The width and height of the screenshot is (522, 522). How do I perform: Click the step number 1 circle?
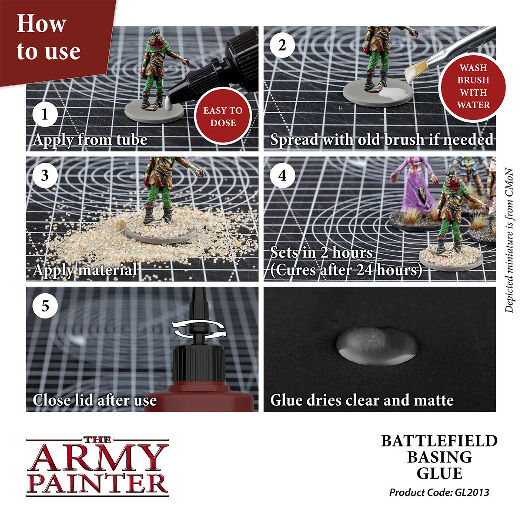45,114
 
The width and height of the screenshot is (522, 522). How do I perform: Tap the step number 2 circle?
282,45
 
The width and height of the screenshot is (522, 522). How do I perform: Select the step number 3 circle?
45,176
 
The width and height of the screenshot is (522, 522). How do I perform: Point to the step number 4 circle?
282,176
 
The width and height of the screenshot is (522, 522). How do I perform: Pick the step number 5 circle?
45,306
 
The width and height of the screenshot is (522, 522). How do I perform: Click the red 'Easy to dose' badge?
223,117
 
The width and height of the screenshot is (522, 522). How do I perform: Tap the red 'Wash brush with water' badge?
473,87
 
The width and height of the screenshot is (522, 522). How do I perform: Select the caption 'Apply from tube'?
90,140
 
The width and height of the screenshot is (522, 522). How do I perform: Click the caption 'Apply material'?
85,270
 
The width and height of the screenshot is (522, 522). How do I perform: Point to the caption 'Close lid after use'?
94,400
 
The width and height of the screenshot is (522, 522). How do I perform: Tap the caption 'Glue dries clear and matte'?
361,400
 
